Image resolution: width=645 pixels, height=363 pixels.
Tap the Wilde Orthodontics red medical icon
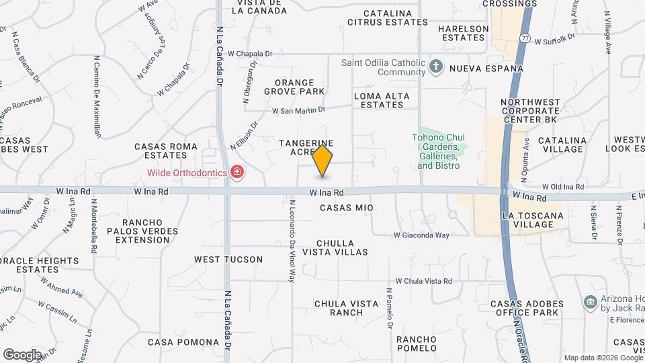click(x=236, y=173)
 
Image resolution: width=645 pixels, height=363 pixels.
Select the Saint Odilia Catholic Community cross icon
click(x=436, y=66)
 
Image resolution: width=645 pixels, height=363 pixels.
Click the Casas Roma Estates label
click(x=165, y=151)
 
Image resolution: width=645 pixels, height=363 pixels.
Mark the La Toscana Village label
click(x=533, y=220)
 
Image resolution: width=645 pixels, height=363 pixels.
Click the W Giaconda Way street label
click(x=421, y=235)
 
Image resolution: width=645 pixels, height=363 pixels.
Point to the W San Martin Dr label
click(x=298, y=110)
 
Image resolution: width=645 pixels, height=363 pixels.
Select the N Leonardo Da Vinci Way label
click(x=292, y=240)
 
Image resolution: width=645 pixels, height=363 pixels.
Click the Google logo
click(x=22, y=354)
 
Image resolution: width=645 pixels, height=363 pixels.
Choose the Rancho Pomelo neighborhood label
click(x=417, y=343)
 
